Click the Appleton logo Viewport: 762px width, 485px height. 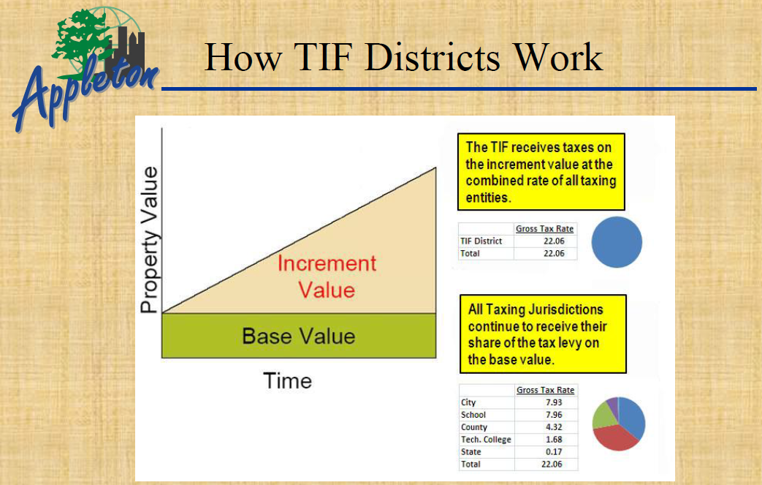pyautogui.click(x=85, y=69)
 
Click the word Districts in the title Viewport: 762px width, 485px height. pyautogui.click(x=433, y=57)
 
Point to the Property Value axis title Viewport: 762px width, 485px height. pyautogui.click(x=150, y=240)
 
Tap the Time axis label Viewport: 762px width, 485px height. pyautogui.click(x=287, y=380)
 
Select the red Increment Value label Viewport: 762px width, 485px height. pyautogui.click(x=327, y=277)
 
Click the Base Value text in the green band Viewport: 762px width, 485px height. pyautogui.click(x=298, y=337)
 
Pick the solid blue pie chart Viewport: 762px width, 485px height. pyautogui.click(x=617, y=242)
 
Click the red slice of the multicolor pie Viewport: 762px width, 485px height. pyautogui.click(x=614, y=438)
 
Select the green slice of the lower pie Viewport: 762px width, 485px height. pyautogui.click(x=603, y=416)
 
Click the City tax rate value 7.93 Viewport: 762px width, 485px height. pyautogui.click(x=554, y=402)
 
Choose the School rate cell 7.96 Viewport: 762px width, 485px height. pyautogui.click(x=554, y=415)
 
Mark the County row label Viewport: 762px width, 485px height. pyautogui.click(x=474, y=427)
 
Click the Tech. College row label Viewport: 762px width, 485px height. pyautogui.click(x=486, y=439)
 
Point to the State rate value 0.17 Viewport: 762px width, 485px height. pyautogui.click(x=554, y=451)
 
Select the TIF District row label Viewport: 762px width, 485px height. pyautogui.click(x=481, y=241)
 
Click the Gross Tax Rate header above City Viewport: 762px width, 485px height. pyautogui.click(x=545, y=390)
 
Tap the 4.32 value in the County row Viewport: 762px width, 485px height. pyautogui.click(x=554, y=426)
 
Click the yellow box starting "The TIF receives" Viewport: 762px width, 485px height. pyautogui.click(x=541, y=172)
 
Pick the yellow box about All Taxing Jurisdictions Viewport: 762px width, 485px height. pyautogui.click(x=543, y=334)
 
